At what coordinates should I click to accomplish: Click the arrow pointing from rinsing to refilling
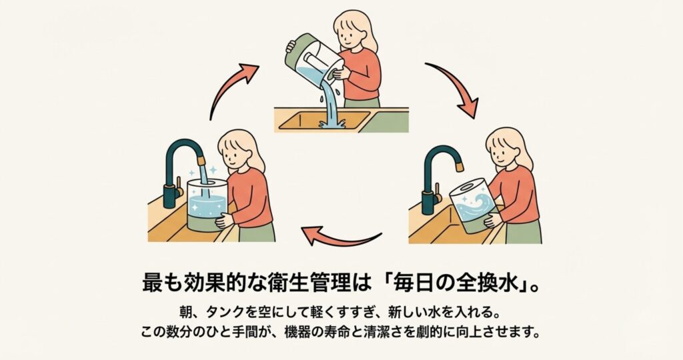pos(344,239)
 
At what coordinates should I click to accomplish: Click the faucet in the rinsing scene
pos(441,179)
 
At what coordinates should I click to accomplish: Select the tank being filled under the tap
pos(207,205)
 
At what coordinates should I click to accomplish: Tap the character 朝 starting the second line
pos(185,312)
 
